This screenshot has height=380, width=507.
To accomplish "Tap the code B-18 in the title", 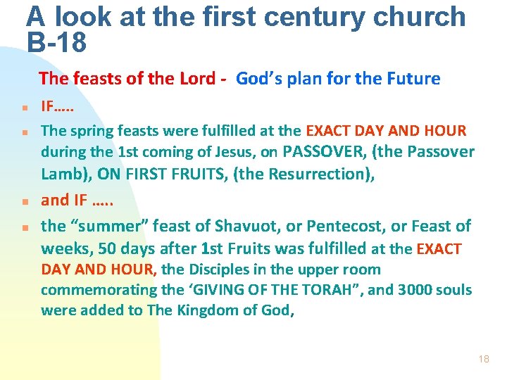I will [56, 43].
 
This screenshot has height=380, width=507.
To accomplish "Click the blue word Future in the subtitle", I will [413, 79].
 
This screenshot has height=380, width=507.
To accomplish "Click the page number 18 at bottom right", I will [483, 359].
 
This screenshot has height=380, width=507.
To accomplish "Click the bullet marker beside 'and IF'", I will [24, 201].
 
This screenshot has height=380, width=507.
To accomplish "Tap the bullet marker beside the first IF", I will [24, 109].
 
